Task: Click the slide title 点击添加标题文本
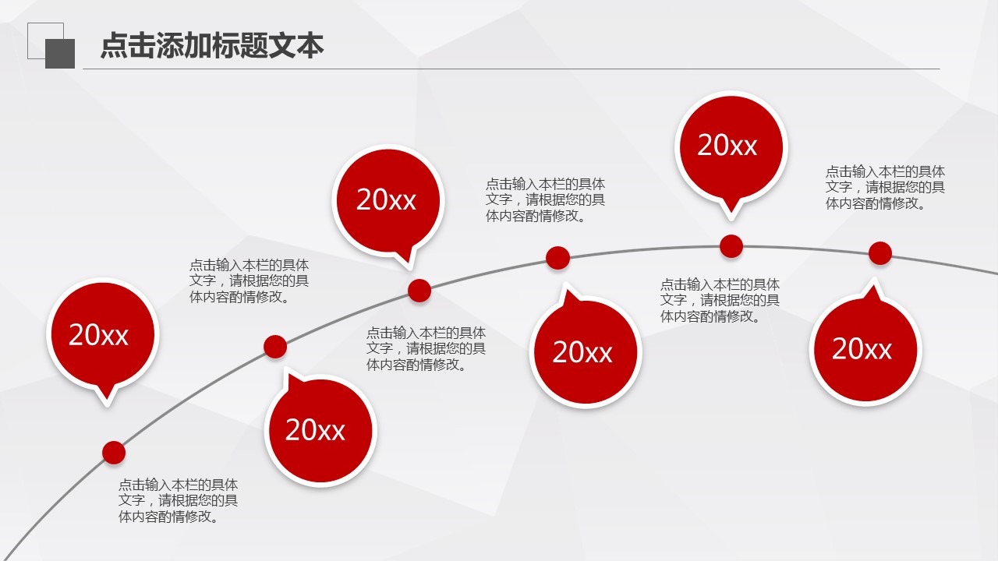212,45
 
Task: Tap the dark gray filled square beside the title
60,54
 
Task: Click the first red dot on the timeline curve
114,453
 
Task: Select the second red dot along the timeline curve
275,347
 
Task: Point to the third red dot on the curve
419,291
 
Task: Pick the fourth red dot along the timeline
557,258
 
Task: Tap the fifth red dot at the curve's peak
731,246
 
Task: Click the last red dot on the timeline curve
880,253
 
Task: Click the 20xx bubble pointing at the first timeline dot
102,336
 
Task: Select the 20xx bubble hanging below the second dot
320,429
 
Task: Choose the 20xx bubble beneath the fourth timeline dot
586,350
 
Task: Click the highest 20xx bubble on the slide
731,149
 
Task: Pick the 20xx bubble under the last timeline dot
865,347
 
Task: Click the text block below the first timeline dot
178,500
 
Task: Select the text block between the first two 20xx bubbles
249,281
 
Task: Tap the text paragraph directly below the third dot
426,348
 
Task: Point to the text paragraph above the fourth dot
545,200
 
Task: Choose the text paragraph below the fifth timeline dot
720,300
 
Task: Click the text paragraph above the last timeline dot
885,188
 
